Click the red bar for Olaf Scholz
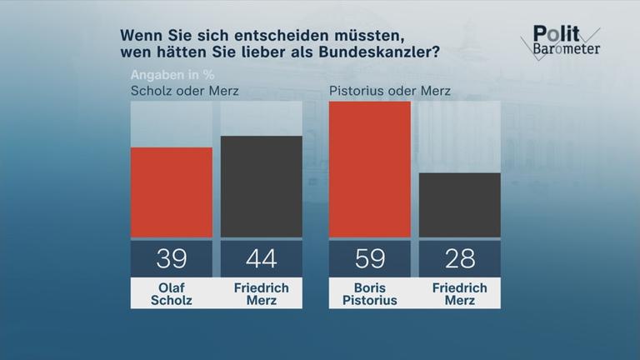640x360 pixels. pos(172,192)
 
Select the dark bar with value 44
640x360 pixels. pos(261,187)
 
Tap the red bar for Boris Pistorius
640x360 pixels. pos(370,169)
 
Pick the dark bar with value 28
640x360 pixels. pos(459,205)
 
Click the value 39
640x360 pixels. pos(172,259)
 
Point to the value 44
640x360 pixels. pos(261,259)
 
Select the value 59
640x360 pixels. pos(370,259)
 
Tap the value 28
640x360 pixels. pos(459,259)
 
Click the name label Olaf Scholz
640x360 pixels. pos(172,293)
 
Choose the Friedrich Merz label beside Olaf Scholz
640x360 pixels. pos(261,293)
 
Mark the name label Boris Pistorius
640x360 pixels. pos(370,293)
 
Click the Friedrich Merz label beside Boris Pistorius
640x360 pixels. pos(459,293)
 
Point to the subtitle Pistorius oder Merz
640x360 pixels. pos(390,90)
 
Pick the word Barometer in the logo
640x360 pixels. pos(565,49)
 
